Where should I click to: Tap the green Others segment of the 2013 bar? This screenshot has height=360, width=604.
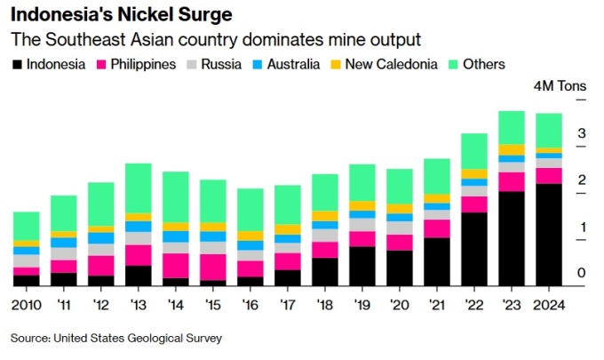[138, 188]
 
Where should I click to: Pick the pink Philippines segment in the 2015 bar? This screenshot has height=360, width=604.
[212, 267]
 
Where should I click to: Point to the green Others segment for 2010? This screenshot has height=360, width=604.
[26, 226]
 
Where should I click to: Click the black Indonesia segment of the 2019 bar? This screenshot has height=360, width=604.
[362, 266]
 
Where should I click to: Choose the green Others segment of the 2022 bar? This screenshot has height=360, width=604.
[473, 151]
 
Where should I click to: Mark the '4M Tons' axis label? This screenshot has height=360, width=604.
[559, 87]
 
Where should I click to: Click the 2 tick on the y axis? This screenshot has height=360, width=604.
[582, 180]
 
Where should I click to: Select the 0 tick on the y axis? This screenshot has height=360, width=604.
[582, 273]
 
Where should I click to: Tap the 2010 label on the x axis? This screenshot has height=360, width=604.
[27, 305]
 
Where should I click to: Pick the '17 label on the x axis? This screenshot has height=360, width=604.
[287, 305]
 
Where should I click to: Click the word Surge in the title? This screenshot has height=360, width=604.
[201, 15]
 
